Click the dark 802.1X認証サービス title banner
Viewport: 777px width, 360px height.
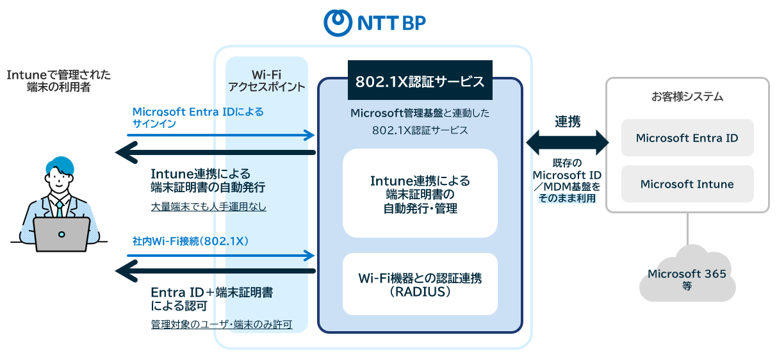[420, 81]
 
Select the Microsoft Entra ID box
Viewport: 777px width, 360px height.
[687, 138]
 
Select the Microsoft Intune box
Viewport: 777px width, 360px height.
[687, 184]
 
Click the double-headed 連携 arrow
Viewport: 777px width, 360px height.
[568, 142]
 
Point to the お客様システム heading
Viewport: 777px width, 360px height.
[687, 97]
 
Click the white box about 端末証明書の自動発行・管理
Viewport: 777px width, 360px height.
[420, 193]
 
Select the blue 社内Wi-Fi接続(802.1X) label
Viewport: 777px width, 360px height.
[190, 241]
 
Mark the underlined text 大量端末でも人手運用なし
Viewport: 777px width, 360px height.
[208, 207]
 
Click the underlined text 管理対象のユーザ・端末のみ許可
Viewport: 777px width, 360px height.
[222, 325]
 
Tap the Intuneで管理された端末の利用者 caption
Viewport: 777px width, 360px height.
[58, 81]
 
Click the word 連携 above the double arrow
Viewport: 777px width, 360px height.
[568, 122]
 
